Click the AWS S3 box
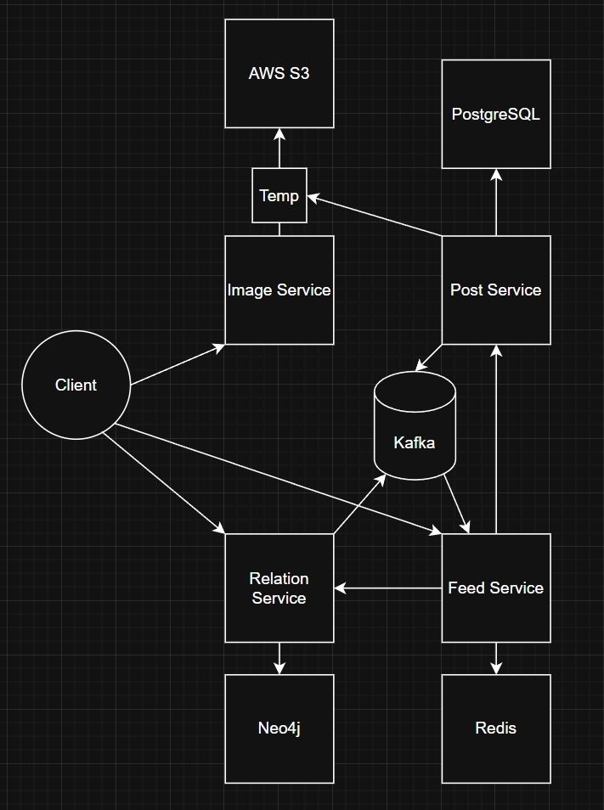click(279, 74)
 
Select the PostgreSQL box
click(496, 114)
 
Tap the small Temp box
click(279, 196)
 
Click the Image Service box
click(279, 290)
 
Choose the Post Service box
click(496, 290)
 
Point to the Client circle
click(76, 385)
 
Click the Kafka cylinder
click(415, 433)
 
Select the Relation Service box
click(279, 588)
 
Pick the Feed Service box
click(496, 588)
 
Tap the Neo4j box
click(279, 728)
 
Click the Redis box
click(496, 728)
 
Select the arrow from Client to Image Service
click(178, 365)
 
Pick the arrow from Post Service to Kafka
click(429, 357)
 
